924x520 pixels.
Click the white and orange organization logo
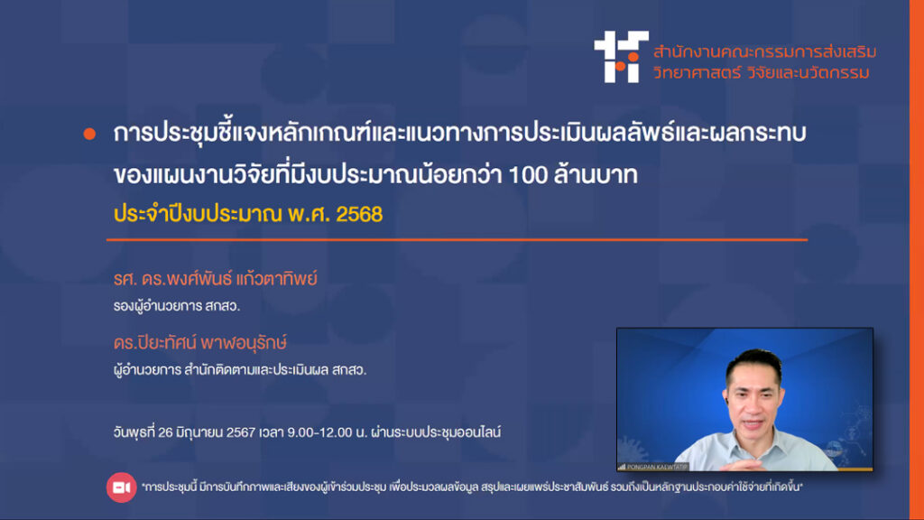coord(621,57)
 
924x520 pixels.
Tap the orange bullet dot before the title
coord(89,134)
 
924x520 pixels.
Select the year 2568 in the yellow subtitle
coord(359,214)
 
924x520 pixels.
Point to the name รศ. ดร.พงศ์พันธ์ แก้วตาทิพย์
coord(215,278)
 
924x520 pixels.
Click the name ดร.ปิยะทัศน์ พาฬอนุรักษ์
coord(199,342)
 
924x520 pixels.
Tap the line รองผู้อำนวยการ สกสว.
coord(177,306)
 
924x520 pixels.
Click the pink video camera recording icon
coord(122,487)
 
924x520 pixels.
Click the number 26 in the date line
coord(165,432)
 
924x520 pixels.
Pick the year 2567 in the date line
coord(240,432)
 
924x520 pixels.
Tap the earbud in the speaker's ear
coord(728,400)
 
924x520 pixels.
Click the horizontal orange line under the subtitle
coord(457,240)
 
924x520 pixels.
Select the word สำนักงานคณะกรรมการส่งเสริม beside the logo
coord(764,51)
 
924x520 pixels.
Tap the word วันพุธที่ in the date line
coord(134,432)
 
